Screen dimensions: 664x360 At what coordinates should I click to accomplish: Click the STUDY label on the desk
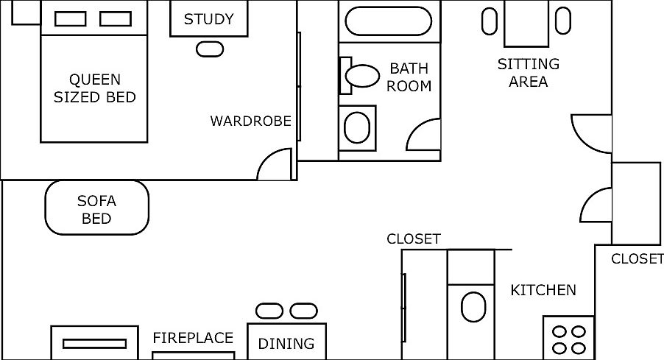point(209,19)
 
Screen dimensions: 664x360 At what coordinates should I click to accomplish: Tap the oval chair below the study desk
point(210,49)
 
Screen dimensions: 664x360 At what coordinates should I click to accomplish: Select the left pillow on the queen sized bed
point(70,18)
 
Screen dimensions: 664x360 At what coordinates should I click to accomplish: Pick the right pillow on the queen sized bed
point(115,18)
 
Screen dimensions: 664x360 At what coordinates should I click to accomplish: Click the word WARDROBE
point(251,121)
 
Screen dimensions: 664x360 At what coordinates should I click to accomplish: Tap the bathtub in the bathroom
point(389,21)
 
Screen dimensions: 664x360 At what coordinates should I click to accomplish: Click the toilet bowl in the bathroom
point(362,76)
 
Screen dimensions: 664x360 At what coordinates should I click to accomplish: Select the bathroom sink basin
point(357,127)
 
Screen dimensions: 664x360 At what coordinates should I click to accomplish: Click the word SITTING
point(529,64)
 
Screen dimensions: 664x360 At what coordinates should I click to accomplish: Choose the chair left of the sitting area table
point(490,21)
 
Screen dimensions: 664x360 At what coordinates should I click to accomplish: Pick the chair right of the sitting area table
point(563,21)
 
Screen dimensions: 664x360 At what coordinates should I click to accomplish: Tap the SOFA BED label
point(96,210)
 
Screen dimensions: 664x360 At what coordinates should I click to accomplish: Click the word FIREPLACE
point(193,338)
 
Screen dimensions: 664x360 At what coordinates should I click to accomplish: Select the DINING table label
point(286,344)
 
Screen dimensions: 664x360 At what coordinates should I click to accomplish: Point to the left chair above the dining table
point(269,311)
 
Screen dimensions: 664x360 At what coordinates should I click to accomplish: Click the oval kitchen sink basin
point(473,307)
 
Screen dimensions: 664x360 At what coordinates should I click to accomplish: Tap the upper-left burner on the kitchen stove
point(560,331)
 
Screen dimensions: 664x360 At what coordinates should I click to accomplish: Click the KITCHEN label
point(543,290)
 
